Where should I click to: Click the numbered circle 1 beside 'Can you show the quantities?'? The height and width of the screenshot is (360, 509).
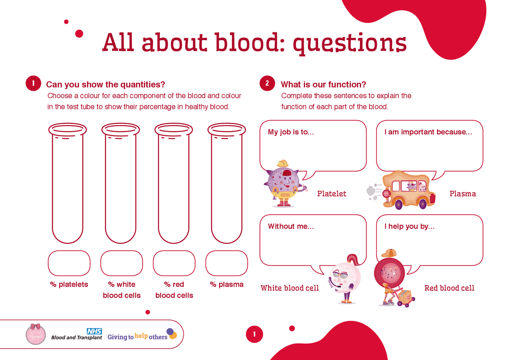click(x=33, y=84)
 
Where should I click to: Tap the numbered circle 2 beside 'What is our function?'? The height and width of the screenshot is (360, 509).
click(x=267, y=84)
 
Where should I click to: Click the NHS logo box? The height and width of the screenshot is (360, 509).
click(x=95, y=331)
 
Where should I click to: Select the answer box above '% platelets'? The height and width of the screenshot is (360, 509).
click(x=69, y=263)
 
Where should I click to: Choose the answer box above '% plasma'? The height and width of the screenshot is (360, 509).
click(x=227, y=263)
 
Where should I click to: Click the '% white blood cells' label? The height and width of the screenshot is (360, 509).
click(x=122, y=290)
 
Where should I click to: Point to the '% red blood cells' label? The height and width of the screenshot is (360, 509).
click(x=174, y=290)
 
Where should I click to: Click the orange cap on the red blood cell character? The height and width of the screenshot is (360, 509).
click(x=389, y=253)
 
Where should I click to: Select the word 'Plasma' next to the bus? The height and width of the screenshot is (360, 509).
click(x=462, y=194)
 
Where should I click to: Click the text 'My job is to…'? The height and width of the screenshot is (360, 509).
click(x=291, y=132)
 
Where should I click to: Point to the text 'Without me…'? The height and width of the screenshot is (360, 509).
click(x=291, y=226)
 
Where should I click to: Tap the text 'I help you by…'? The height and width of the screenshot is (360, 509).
click(x=409, y=226)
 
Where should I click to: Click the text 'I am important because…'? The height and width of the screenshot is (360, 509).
click(x=428, y=132)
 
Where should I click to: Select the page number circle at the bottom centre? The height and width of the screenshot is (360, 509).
click(x=254, y=334)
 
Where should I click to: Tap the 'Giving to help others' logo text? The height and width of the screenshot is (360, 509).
click(x=138, y=337)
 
